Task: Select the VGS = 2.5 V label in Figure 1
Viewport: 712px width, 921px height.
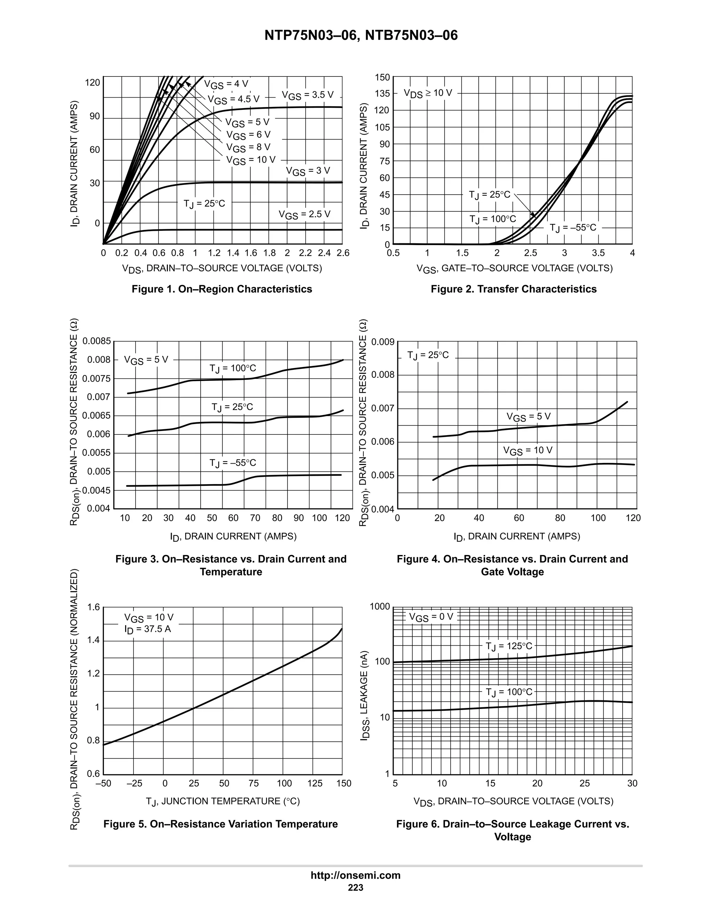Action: click(x=304, y=215)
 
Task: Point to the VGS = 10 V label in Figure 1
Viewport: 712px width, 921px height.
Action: click(x=251, y=160)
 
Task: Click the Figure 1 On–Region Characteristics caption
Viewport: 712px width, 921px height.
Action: click(x=222, y=289)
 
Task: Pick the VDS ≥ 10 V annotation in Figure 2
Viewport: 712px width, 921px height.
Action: click(x=428, y=93)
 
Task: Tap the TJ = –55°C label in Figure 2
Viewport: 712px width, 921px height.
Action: click(x=573, y=228)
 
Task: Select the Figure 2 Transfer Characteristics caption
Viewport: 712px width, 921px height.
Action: click(x=513, y=289)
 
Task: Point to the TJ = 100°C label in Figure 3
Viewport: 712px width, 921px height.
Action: click(x=233, y=368)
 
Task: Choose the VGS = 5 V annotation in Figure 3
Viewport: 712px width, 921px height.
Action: click(x=146, y=360)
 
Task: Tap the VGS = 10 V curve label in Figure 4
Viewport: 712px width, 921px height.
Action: click(x=527, y=450)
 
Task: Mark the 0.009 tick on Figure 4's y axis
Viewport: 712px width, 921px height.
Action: click(x=382, y=342)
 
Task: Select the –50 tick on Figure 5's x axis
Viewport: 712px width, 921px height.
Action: click(x=103, y=783)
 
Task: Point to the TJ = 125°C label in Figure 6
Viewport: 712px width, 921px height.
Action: click(x=509, y=646)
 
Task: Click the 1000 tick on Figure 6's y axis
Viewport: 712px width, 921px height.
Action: click(x=380, y=606)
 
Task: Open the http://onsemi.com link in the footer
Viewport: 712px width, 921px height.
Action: click(x=356, y=875)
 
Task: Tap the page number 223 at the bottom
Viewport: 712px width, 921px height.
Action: click(x=356, y=887)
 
